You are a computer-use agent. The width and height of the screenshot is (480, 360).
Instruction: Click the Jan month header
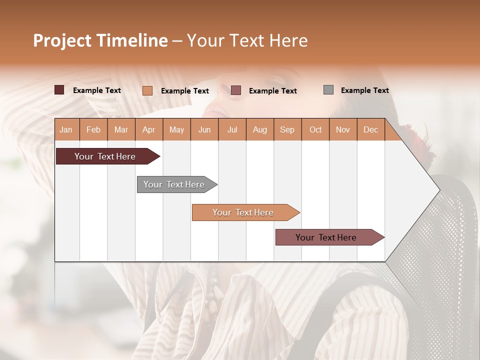(x=66, y=129)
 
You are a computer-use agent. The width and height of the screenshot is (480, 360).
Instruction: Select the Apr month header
(x=148, y=129)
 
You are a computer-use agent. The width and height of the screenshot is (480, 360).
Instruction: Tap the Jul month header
(x=232, y=129)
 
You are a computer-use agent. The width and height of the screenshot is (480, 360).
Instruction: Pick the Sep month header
(x=287, y=129)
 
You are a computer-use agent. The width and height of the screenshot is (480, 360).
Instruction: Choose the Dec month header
(x=370, y=129)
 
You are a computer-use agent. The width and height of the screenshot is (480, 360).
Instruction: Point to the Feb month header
(x=93, y=129)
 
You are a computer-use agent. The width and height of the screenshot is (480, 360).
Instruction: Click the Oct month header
(x=315, y=129)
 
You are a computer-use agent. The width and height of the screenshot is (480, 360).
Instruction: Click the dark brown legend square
(x=59, y=90)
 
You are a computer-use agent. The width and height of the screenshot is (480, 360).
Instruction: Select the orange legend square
(x=147, y=90)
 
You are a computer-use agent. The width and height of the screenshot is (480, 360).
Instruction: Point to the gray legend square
(x=328, y=90)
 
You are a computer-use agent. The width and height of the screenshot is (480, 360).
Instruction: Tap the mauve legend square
(x=236, y=90)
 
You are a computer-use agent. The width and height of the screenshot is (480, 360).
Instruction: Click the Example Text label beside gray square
(x=364, y=90)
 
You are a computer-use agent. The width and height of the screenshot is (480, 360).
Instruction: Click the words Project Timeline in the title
(x=100, y=40)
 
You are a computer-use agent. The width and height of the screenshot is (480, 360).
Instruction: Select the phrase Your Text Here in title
(x=247, y=40)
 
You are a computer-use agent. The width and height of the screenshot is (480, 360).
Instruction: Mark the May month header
(x=176, y=129)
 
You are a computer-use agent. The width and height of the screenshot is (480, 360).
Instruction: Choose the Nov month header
(x=343, y=129)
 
